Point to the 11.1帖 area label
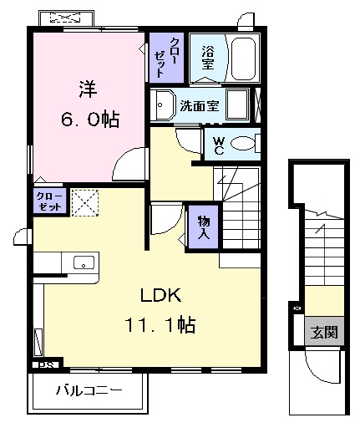(x=160, y=324)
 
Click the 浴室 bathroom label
(x=207, y=57)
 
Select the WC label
(x=216, y=145)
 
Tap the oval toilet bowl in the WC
(x=243, y=144)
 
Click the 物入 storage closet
(x=203, y=226)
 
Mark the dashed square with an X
(x=84, y=203)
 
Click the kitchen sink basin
(x=84, y=263)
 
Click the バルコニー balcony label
(x=89, y=390)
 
